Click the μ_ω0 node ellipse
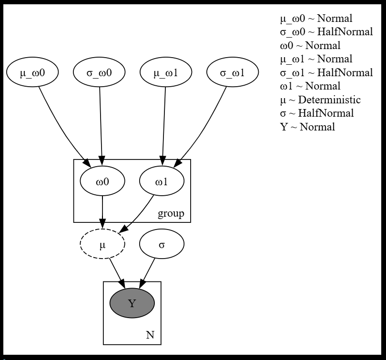[x=32, y=73]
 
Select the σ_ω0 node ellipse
[x=99, y=73]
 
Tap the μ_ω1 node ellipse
[x=166, y=73]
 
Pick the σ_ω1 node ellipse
[x=233, y=73]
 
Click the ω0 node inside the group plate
[x=102, y=181]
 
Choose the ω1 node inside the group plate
[x=162, y=181]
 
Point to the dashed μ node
[x=102, y=244]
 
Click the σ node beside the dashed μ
[x=162, y=244]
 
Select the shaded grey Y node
[x=132, y=303]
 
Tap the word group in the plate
[x=171, y=213]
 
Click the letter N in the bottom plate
[x=150, y=335]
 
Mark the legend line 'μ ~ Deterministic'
[x=320, y=100]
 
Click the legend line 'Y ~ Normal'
[x=307, y=127]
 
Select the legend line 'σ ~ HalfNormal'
[x=317, y=113]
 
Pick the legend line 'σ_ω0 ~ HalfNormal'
[x=326, y=32]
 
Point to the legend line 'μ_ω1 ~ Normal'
[x=316, y=59]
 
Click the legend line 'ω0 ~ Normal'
[x=310, y=46]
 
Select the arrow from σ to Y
[x=148, y=272]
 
